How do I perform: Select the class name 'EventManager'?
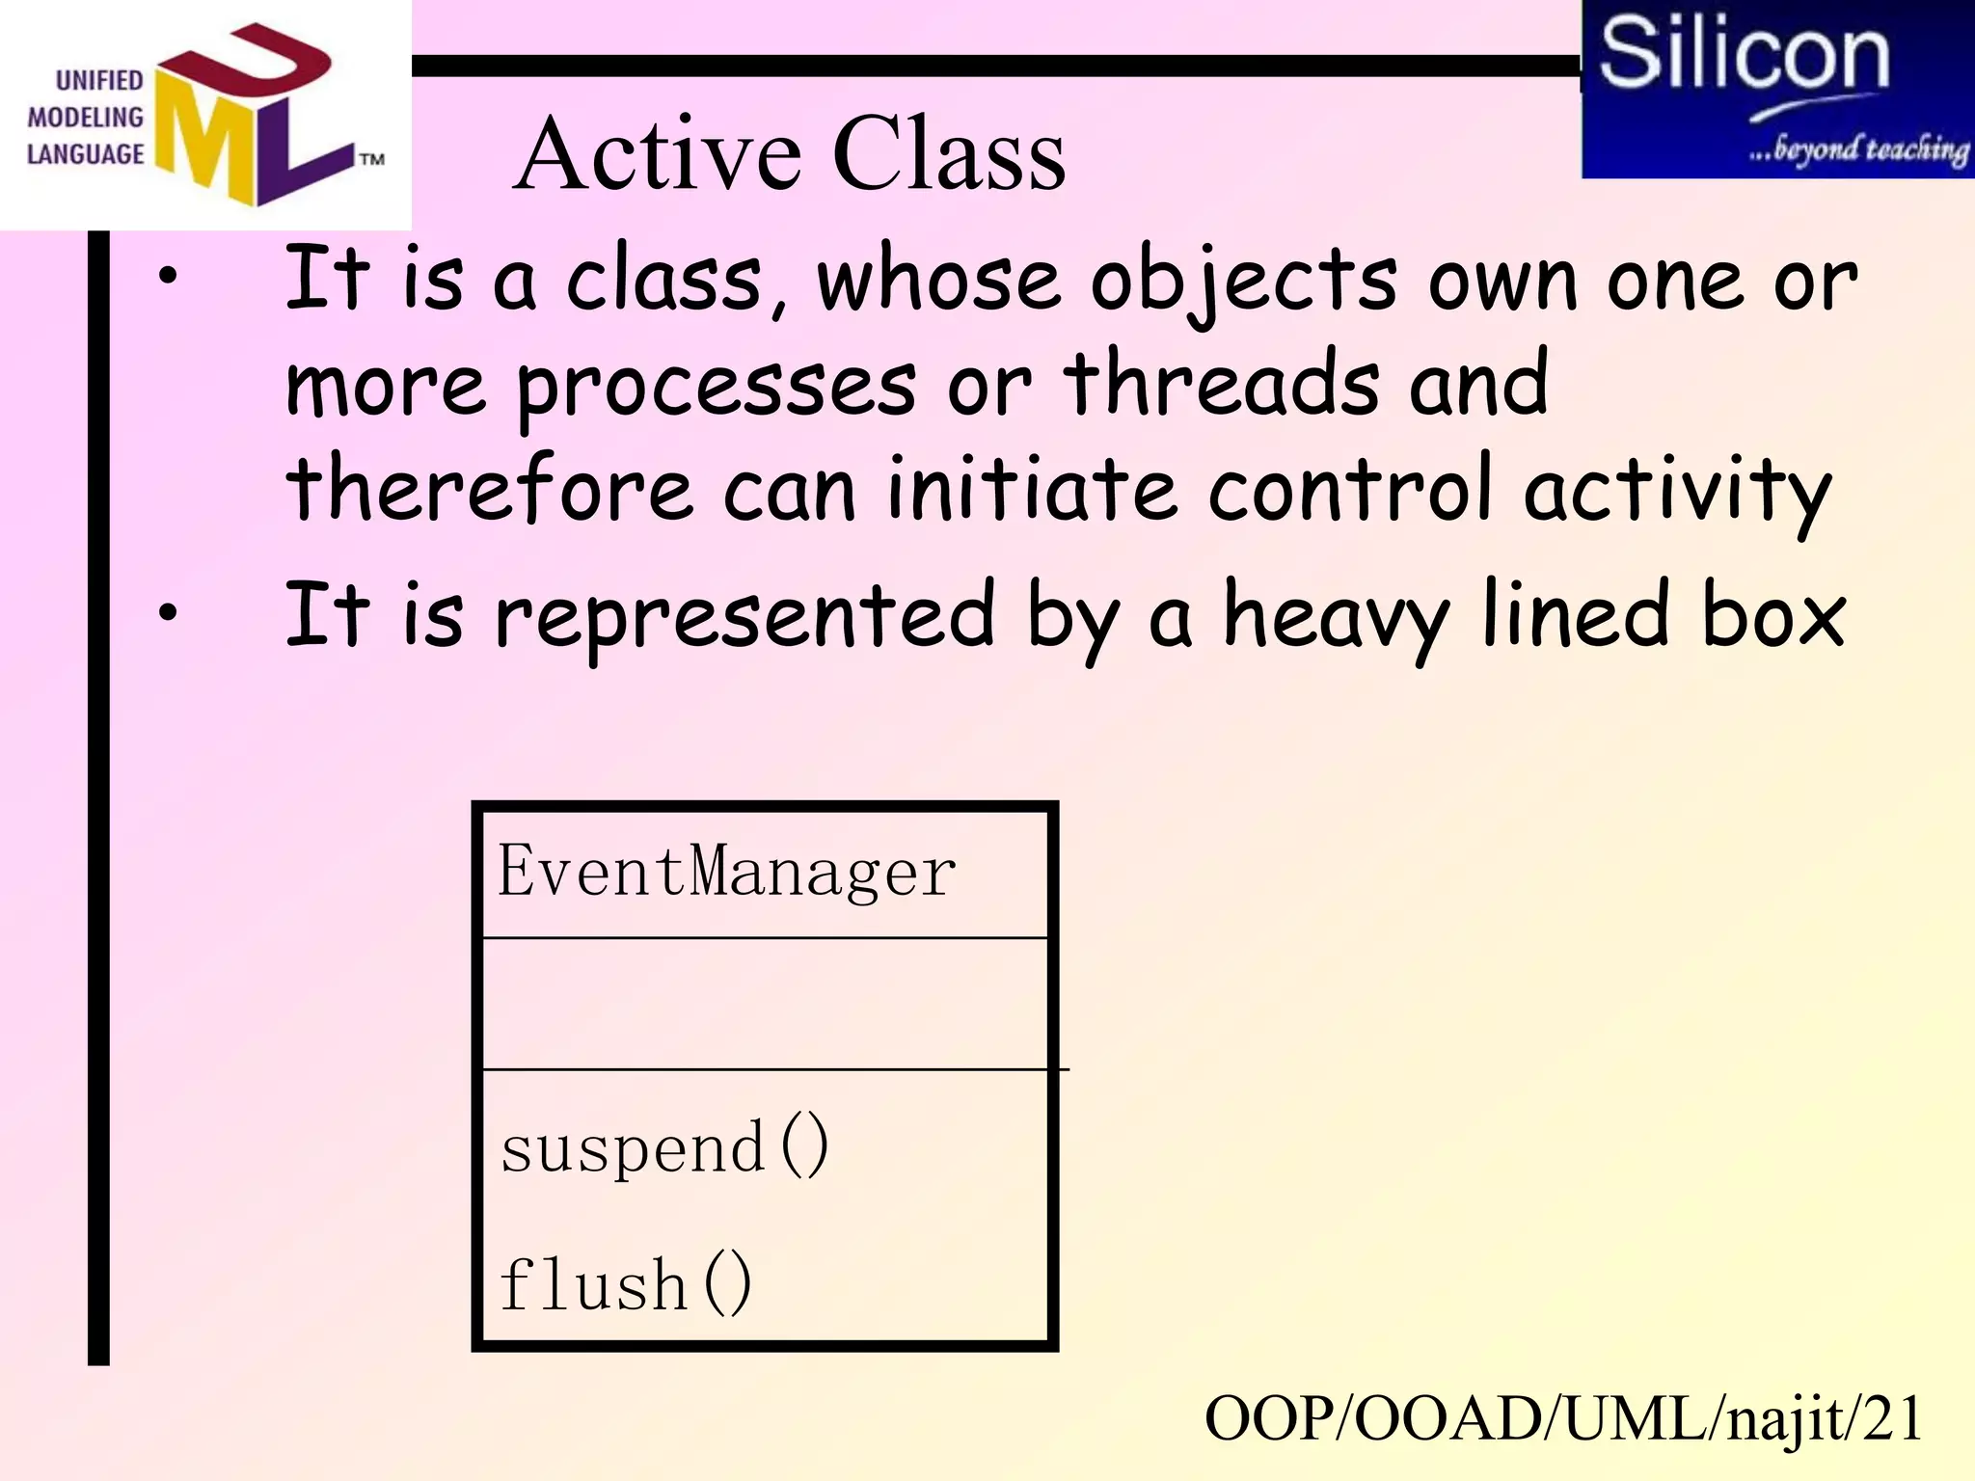point(726,871)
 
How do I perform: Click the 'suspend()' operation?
point(664,1146)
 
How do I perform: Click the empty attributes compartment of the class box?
point(765,1003)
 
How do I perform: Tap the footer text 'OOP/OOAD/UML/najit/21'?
point(1563,1418)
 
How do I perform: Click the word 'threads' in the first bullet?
point(1222,384)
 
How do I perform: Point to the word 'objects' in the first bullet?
point(1243,282)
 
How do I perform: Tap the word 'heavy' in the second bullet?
point(1336,617)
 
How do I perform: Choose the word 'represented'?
point(744,617)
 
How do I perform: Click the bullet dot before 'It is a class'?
point(169,276)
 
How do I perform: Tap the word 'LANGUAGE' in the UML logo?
point(85,154)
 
